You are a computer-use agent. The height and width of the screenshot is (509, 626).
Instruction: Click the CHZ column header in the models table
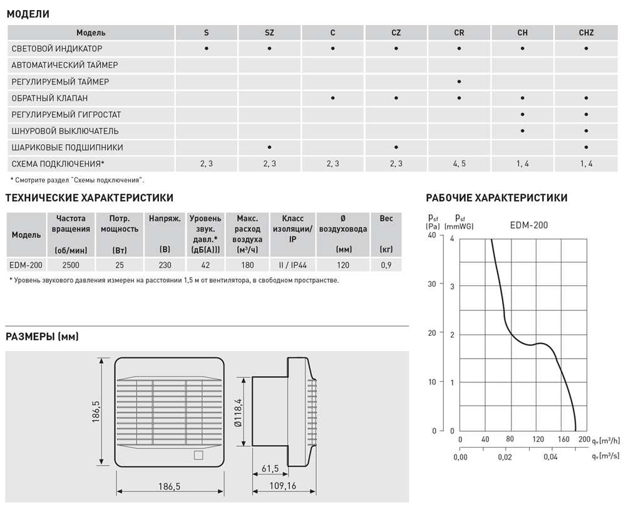tap(586, 32)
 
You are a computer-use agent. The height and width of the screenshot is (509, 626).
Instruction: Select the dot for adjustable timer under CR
tap(459, 81)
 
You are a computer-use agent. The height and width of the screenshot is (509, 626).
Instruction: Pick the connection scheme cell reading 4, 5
tap(459, 164)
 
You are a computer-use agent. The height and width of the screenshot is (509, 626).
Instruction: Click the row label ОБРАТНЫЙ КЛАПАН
tap(49, 98)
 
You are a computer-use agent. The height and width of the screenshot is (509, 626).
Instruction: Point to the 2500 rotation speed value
tap(71, 265)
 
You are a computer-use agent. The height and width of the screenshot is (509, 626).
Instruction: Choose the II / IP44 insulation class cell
tap(292, 265)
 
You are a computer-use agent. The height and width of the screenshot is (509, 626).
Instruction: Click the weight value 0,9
tap(386, 265)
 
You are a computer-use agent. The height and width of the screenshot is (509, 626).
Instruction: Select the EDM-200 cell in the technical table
tap(26, 265)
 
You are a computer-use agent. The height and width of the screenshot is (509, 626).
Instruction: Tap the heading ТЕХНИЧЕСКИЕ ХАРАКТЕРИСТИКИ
tap(90, 198)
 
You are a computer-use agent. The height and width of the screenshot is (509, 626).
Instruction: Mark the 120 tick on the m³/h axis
tap(536, 440)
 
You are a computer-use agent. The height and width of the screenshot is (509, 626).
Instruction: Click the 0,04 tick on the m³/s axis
tap(550, 456)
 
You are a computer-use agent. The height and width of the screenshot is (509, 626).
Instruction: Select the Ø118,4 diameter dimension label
tap(239, 412)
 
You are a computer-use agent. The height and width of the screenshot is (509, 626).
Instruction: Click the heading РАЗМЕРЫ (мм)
tap(42, 337)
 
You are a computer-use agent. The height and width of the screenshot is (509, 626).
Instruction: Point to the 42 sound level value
tap(205, 265)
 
